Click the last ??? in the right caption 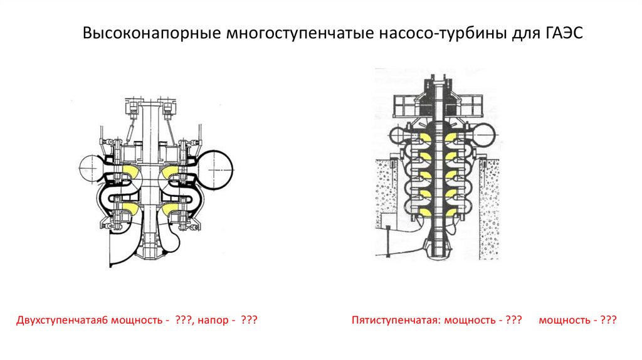coord(607,320)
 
